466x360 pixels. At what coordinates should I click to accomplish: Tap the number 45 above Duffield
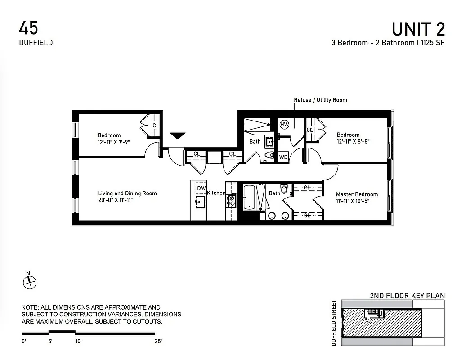click(28, 28)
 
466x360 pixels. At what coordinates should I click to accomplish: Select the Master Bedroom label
click(357, 194)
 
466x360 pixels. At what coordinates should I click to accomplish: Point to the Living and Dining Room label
click(127, 193)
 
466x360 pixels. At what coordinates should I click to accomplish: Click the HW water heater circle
click(284, 125)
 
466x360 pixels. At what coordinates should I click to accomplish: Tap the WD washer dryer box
click(283, 157)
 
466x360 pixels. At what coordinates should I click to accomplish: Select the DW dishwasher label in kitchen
click(201, 188)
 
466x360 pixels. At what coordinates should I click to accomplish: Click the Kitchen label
click(216, 193)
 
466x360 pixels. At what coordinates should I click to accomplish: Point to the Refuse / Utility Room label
click(320, 100)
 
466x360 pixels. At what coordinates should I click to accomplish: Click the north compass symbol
click(29, 283)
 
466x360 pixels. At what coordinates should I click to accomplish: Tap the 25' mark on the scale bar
click(158, 342)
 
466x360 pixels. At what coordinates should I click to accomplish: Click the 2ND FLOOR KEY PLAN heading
click(407, 296)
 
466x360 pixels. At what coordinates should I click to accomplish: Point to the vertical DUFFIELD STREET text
click(334, 323)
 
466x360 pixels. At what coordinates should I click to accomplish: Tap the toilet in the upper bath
click(269, 155)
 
